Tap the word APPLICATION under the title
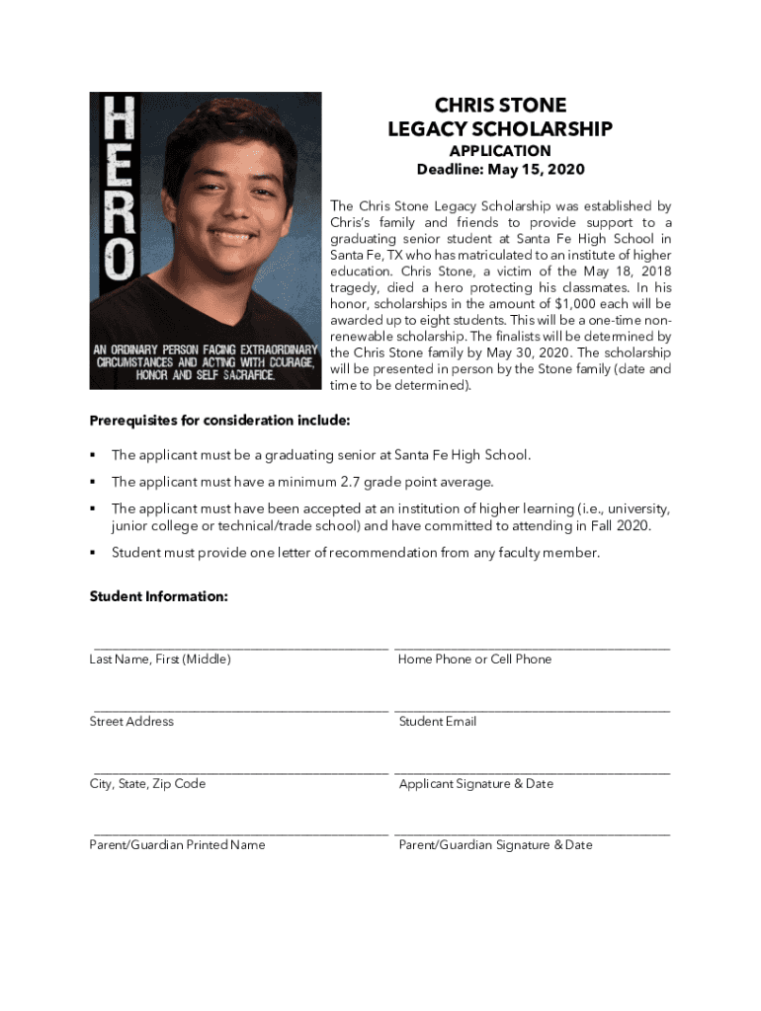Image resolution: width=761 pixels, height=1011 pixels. (500, 151)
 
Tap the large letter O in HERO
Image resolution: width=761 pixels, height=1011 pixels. (115, 259)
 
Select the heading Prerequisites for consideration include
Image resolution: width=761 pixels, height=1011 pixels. (219, 421)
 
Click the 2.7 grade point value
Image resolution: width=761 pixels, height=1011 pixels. (353, 482)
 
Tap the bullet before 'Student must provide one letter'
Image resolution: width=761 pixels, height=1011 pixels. (92, 553)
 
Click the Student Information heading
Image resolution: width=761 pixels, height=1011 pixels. (159, 596)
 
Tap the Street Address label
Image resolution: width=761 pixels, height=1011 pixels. (131, 722)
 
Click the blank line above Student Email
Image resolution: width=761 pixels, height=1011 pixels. (532, 710)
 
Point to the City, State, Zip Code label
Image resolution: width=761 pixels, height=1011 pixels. (148, 784)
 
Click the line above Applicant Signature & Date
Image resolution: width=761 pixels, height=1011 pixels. (532, 772)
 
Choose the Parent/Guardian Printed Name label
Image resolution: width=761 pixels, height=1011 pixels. (178, 845)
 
